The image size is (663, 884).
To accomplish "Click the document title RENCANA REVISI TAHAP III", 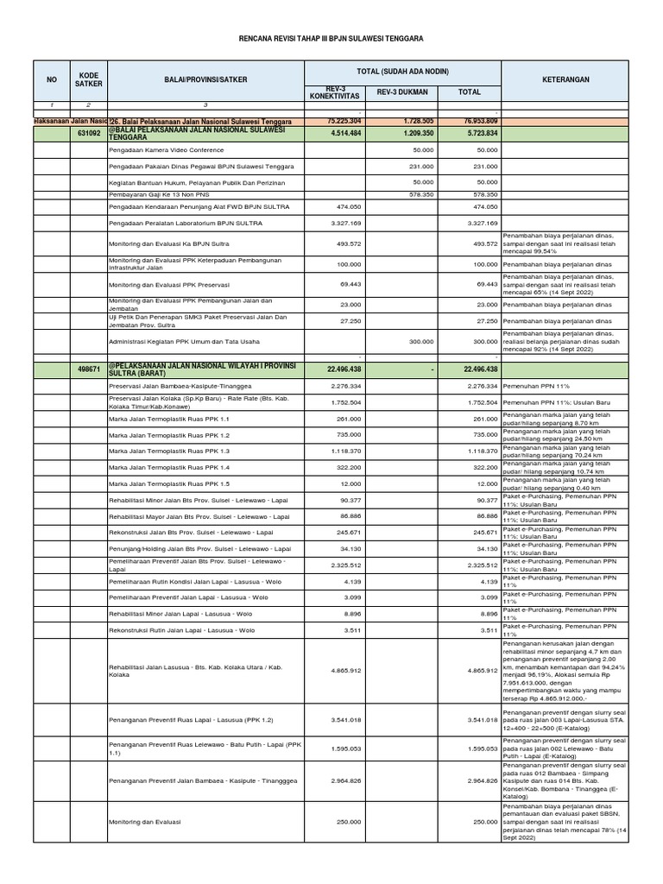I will (x=331, y=39).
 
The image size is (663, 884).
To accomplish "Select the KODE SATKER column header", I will (x=89, y=79).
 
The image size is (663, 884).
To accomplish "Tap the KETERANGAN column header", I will (x=565, y=79).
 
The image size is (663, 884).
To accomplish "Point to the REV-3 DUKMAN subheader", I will (x=402, y=91).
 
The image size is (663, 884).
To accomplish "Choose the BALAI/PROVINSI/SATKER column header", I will (x=205, y=79).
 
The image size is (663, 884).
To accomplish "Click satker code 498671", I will (x=89, y=369).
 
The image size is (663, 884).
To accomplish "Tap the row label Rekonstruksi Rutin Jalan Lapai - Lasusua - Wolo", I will (x=182, y=630).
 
